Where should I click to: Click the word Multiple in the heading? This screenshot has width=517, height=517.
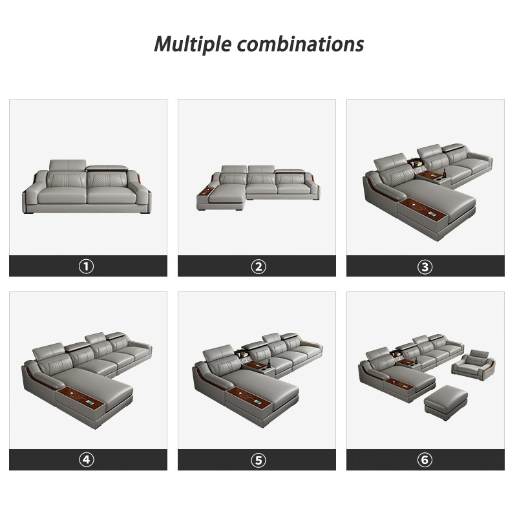pos(193,44)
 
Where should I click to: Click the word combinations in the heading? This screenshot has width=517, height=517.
pos(301,44)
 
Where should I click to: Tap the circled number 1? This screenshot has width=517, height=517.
pos(87,266)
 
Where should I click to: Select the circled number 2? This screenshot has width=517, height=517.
pos(258,266)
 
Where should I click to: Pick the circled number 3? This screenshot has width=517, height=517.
pos(425,266)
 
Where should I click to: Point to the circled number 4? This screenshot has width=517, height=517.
pos(87,459)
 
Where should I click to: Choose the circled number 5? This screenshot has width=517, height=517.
pos(258,460)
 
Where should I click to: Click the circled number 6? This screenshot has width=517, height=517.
pos(425,459)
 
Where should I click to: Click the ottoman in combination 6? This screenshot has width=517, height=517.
pos(446,402)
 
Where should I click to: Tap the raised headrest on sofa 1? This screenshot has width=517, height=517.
pos(68,165)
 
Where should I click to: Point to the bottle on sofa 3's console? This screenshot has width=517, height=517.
pos(444,174)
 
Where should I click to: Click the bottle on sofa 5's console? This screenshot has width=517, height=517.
pos(269,364)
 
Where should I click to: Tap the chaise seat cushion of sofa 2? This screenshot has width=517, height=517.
pos(227,193)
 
